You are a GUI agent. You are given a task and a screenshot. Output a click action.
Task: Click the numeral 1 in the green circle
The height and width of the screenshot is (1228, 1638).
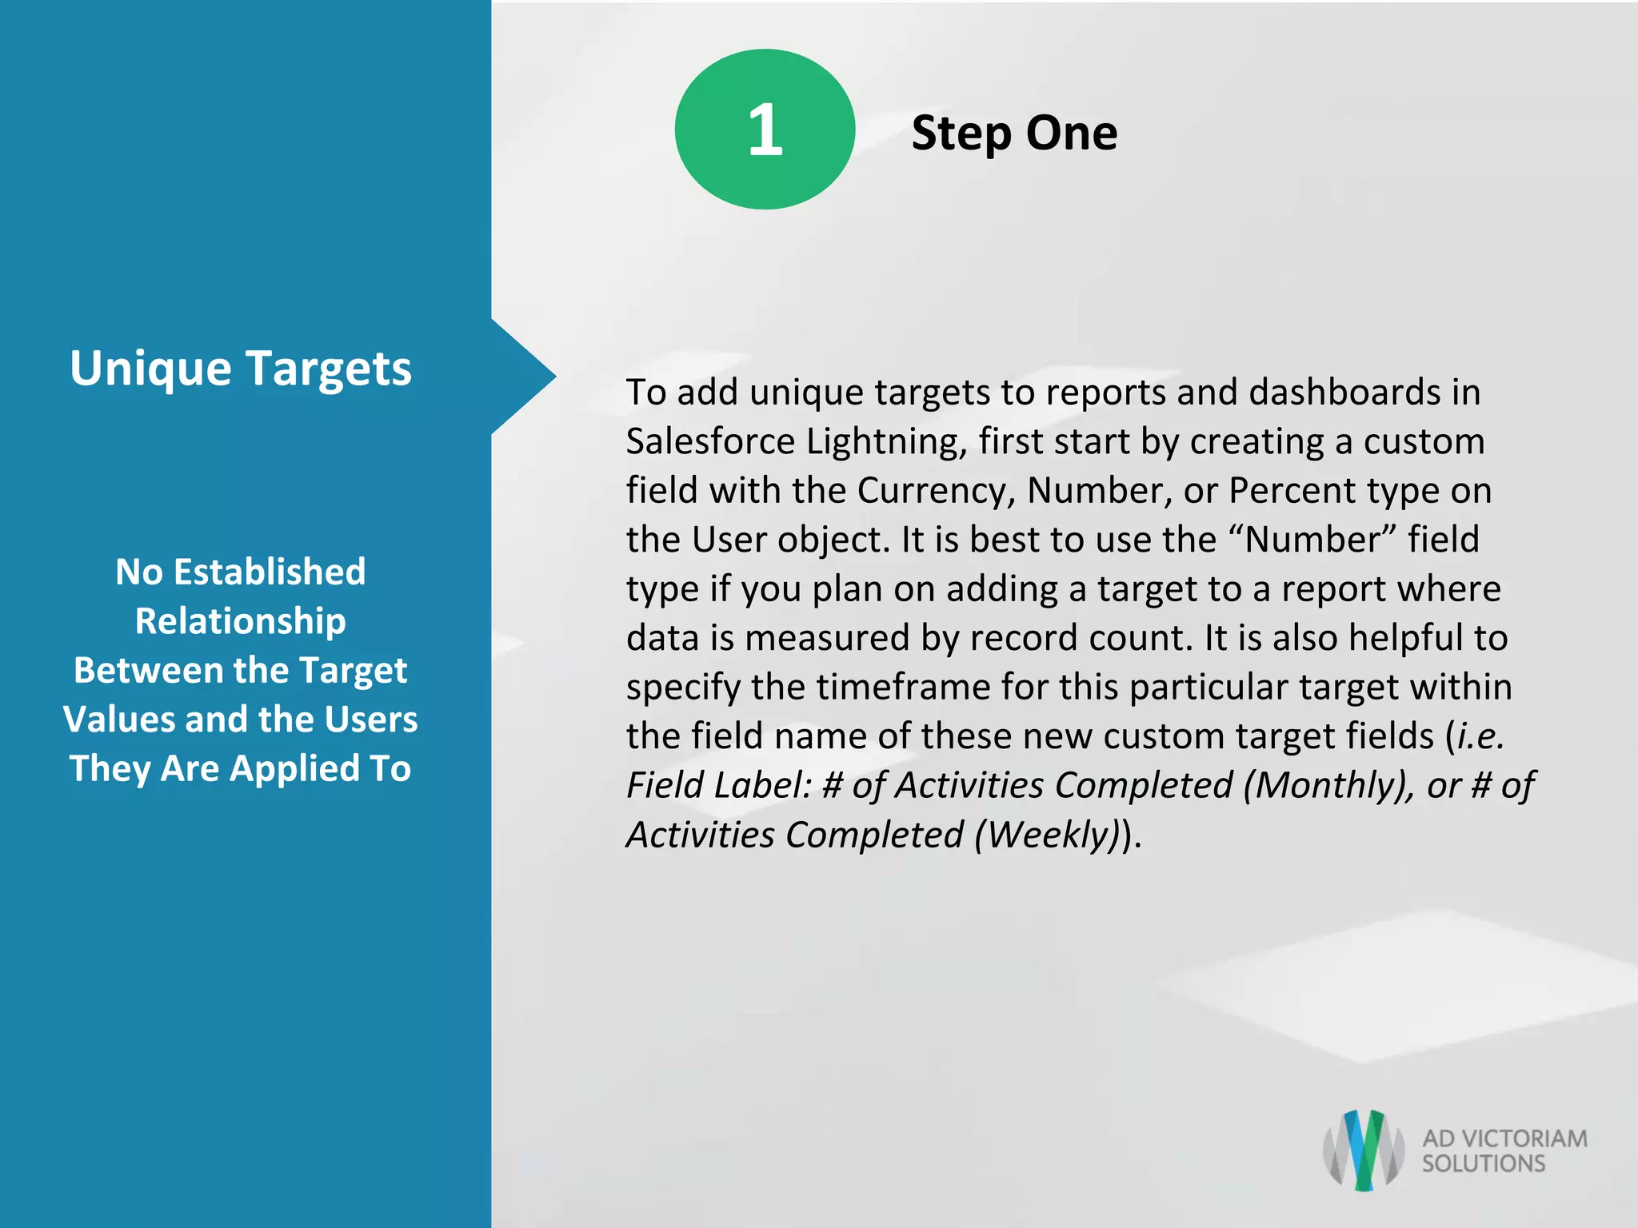(x=765, y=130)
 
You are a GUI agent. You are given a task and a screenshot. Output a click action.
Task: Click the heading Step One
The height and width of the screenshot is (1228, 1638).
(x=1014, y=133)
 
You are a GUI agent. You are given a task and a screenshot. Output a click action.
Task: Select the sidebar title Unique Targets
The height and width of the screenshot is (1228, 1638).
(x=241, y=369)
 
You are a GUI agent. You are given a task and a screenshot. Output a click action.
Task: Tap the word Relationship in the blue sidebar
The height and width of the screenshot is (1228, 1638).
(x=241, y=621)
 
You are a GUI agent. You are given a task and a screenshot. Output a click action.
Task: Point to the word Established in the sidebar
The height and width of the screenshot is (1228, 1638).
(x=270, y=572)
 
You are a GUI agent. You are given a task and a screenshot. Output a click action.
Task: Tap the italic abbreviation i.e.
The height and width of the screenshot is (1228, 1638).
(x=1481, y=736)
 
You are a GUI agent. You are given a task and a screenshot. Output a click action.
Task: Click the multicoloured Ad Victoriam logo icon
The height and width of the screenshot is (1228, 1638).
(x=1364, y=1150)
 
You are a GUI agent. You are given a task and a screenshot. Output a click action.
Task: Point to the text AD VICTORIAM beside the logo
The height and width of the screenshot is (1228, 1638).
(x=1504, y=1138)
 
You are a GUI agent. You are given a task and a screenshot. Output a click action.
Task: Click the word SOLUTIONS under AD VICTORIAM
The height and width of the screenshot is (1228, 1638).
(x=1484, y=1163)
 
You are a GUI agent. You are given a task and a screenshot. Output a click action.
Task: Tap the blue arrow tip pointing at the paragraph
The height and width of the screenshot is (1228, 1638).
(x=536, y=377)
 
